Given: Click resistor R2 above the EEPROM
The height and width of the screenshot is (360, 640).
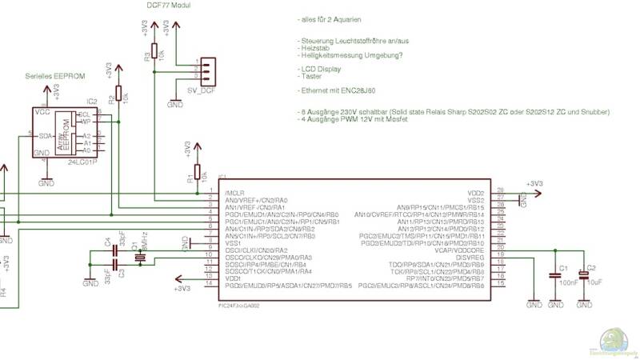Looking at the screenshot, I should (x=119, y=95).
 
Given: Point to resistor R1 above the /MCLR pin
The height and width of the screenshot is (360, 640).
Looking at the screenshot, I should (x=197, y=174).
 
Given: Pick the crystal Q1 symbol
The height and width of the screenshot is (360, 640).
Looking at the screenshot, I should (x=140, y=255).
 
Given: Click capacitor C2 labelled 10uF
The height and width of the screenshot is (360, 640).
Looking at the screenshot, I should (x=584, y=276).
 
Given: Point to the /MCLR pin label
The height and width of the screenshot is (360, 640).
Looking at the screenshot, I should (x=234, y=194).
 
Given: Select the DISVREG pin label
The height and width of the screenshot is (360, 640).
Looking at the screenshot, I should (x=470, y=258).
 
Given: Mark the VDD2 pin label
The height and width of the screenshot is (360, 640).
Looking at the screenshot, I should (x=476, y=193).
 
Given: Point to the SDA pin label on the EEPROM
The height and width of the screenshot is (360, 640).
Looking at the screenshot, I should (x=46, y=135).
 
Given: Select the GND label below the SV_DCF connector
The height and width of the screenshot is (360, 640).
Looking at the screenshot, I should (x=174, y=104).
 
